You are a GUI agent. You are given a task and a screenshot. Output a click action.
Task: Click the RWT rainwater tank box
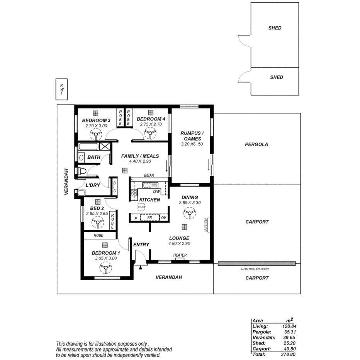(x=61, y=89)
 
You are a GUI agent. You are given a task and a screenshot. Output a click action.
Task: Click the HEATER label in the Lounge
(x=180, y=255)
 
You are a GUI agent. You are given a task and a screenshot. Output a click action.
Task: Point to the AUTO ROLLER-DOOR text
(x=254, y=269)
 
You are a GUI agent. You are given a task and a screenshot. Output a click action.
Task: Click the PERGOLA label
(x=256, y=144)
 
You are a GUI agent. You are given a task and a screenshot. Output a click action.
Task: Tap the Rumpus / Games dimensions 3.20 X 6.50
(x=192, y=144)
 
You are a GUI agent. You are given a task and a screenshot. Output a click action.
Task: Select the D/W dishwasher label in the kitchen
(x=156, y=192)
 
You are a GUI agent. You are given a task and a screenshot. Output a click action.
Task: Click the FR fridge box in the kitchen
(x=149, y=218)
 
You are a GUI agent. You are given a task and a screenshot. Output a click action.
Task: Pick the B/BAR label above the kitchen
(x=149, y=175)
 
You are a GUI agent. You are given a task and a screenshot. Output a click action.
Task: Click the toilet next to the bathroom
(x=82, y=170)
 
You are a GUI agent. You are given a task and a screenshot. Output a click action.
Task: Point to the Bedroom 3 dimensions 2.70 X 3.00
(x=96, y=125)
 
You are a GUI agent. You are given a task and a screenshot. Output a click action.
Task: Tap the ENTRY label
(x=141, y=245)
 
